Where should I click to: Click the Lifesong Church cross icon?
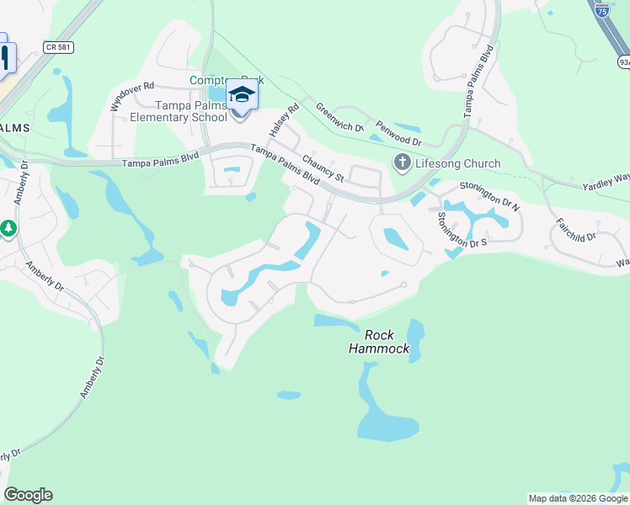402,162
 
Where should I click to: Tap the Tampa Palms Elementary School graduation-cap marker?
241,94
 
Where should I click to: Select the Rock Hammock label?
379,342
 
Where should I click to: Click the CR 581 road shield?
60,48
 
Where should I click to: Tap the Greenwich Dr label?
339,118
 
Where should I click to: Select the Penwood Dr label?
398,133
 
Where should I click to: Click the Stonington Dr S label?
462,230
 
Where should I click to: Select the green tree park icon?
8,228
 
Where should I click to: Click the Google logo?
28,495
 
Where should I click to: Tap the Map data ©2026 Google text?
578,498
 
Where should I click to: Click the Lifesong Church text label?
457,163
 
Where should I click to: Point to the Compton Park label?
227,80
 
